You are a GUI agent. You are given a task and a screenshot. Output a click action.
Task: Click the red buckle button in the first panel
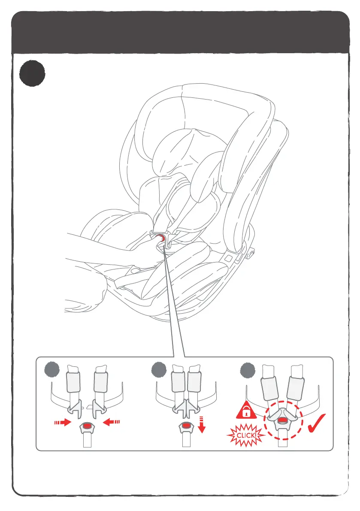coord(88,426)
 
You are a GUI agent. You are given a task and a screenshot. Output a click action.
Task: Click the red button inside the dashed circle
coord(283,421)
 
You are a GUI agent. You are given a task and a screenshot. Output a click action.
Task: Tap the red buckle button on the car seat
coord(161,237)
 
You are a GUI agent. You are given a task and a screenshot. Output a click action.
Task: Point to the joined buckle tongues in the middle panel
coord(186,408)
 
